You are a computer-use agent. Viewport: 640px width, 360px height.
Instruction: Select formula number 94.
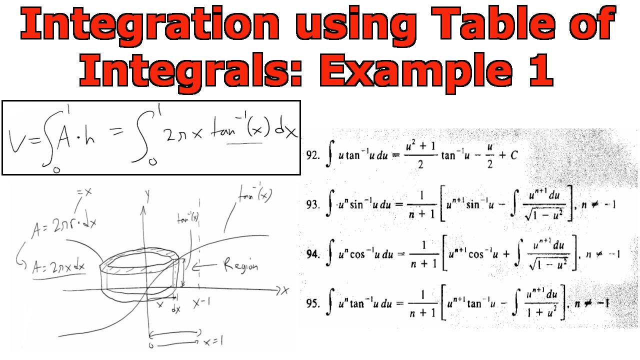[313, 253]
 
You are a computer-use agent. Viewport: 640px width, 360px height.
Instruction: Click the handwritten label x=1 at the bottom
[213, 342]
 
